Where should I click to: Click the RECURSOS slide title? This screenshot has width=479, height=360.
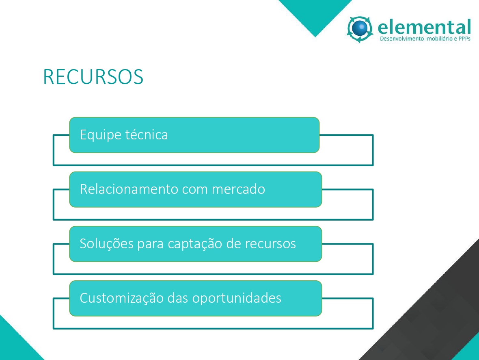(93, 76)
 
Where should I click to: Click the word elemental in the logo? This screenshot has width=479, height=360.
(424, 27)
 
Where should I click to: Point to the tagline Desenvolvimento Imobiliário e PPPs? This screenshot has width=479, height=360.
(425, 39)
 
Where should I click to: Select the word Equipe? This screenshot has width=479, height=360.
(101, 135)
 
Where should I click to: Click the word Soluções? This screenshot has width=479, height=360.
(107, 244)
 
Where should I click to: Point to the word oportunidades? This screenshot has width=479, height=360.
(237, 298)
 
